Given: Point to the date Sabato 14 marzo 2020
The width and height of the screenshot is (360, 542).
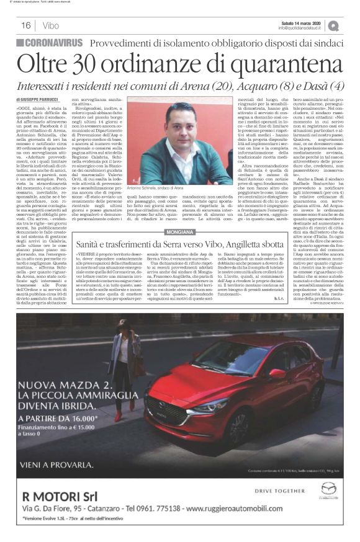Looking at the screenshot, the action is coord(302,22).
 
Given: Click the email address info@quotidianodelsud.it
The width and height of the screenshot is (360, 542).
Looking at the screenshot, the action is coord(302,28).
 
